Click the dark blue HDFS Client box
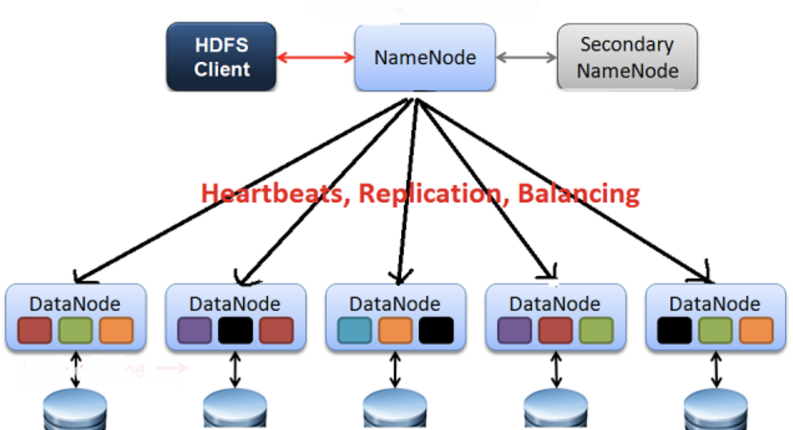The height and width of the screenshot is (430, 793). tap(221, 57)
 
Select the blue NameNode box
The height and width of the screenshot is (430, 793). tap(425, 57)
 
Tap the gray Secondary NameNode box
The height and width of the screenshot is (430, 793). tap(627, 57)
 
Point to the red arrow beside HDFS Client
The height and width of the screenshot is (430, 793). tap(315, 58)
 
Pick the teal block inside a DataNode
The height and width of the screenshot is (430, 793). tap(354, 330)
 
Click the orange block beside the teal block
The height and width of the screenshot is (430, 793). tap(395, 330)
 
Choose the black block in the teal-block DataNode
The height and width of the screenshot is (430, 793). tap(436, 330)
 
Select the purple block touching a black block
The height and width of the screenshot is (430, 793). tap(194, 330)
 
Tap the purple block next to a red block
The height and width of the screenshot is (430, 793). tap(514, 330)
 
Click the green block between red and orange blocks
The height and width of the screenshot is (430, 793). tap(75, 330)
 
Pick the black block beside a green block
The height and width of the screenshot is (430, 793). tap(674, 330)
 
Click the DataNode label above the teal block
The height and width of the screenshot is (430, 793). tap(395, 303)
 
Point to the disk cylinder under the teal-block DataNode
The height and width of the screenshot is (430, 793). tap(395, 410)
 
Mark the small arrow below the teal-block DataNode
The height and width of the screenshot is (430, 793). tap(395, 370)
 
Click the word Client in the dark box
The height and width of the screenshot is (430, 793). tap(222, 69)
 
